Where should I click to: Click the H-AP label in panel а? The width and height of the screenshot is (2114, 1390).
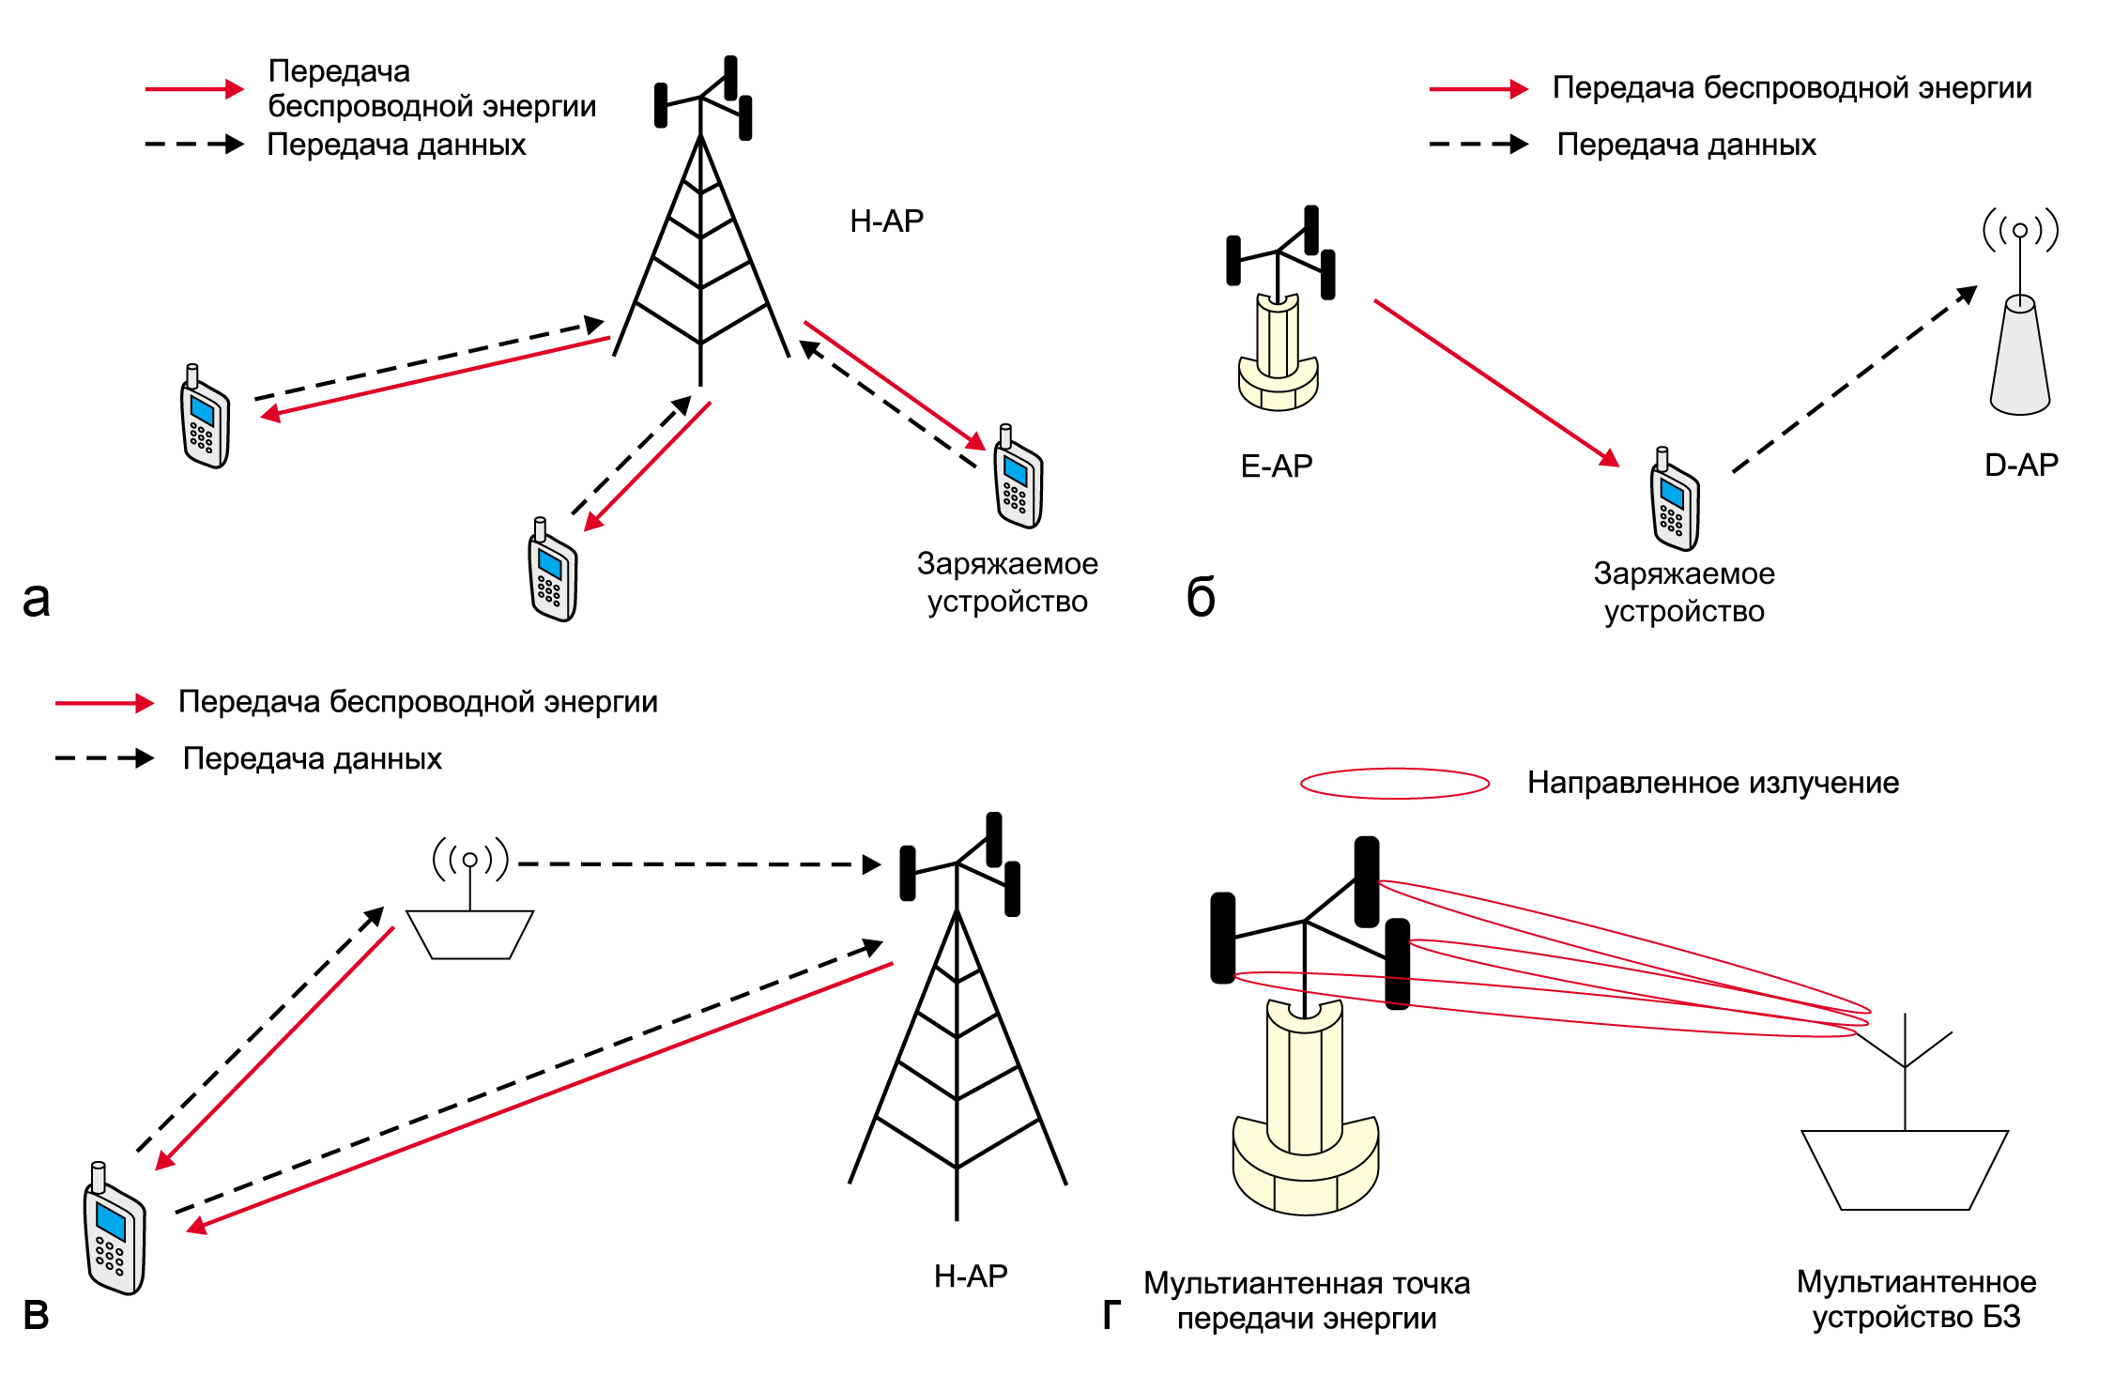(x=886, y=221)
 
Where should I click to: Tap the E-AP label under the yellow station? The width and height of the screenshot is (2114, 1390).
(x=1277, y=466)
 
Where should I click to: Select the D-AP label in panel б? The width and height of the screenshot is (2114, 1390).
(x=2021, y=465)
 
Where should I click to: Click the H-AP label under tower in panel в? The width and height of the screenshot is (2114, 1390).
(x=971, y=1275)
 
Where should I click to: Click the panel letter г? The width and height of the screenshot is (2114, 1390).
(x=1112, y=1315)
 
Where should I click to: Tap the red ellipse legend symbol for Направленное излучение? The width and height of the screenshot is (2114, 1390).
(x=1395, y=784)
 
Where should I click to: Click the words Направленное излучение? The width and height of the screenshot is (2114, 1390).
(x=1713, y=783)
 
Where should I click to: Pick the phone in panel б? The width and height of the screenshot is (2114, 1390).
(x=1675, y=499)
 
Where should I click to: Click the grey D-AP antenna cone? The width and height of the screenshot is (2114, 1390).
(x=2020, y=355)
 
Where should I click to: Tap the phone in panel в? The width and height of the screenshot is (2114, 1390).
(x=115, y=1229)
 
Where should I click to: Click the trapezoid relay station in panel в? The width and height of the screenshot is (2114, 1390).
(x=469, y=935)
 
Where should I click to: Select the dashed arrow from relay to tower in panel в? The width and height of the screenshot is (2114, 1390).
(x=700, y=864)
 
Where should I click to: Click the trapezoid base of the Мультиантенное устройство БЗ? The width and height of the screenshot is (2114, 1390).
(x=1905, y=1170)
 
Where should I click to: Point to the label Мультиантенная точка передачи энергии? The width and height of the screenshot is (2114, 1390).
(x=1307, y=1301)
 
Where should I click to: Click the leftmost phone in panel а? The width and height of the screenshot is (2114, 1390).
(x=205, y=416)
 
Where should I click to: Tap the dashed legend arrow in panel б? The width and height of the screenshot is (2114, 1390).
(x=1478, y=145)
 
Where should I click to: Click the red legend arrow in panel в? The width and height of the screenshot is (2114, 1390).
(x=105, y=703)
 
